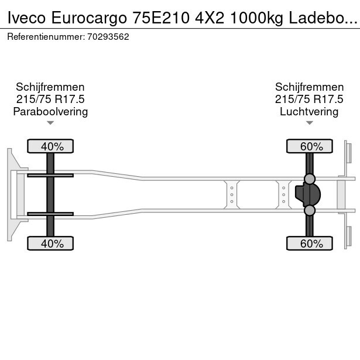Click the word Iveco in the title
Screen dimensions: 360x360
(26, 18)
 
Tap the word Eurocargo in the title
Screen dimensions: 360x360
(89, 18)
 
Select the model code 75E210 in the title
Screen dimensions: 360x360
(161, 18)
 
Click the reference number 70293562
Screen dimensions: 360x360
(108, 37)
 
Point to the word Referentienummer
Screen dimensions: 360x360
(46, 37)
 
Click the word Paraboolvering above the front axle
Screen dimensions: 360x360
(50, 112)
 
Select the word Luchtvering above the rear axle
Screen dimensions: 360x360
(309, 112)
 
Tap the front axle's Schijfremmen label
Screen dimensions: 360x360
(50, 87)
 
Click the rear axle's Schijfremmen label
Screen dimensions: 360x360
(309, 87)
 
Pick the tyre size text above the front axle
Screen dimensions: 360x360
(50, 99)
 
